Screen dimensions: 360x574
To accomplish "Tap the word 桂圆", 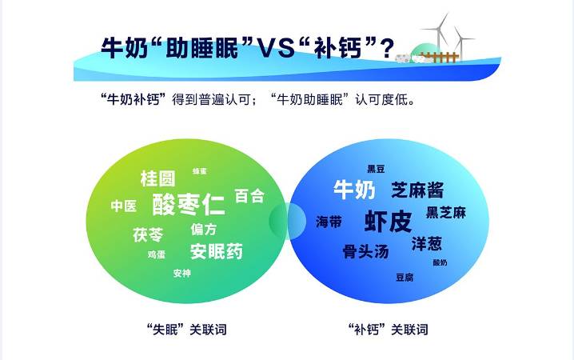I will (x=157, y=178).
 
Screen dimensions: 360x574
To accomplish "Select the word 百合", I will (x=249, y=196).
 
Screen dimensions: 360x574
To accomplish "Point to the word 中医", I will (x=123, y=206).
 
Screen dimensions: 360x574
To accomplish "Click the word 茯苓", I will (x=148, y=234).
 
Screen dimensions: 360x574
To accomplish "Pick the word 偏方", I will (x=203, y=229).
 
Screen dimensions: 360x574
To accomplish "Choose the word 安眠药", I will (x=216, y=251).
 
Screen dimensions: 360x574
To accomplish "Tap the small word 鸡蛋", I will (x=156, y=254).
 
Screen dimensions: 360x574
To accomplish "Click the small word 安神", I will (x=181, y=273).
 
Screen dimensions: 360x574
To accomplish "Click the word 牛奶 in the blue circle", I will (x=353, y=190).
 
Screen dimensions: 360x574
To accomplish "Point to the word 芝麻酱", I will (x=417, y=190).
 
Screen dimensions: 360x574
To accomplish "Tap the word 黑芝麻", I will (x=445, y=212).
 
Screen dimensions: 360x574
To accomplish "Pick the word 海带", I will (x=329, y=222).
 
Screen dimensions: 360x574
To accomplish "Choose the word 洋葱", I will (x=426, y=241).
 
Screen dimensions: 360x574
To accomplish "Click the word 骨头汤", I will (x=365, y=251).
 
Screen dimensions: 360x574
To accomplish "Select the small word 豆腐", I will (x=404, y=277).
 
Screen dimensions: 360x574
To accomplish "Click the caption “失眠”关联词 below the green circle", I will (x=182, y=329).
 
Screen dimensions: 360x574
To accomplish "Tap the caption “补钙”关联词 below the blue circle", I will (x=389, y=329).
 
